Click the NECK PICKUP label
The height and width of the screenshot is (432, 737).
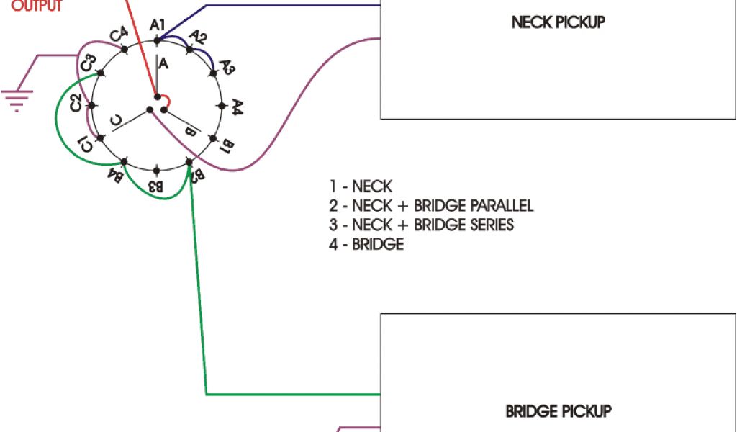558,22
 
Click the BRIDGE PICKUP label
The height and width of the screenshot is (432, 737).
558,412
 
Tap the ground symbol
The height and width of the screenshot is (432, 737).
16,98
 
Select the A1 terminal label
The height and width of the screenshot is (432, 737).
158,26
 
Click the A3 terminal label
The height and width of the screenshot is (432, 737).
227,68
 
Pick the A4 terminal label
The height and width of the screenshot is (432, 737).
238,108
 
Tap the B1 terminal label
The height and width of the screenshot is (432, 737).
225,148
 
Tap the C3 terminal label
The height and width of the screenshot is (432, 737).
88,63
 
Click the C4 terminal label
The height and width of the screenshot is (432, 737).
119,35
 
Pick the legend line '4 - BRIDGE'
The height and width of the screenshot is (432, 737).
366,244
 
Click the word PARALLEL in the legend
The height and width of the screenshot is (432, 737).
496,207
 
